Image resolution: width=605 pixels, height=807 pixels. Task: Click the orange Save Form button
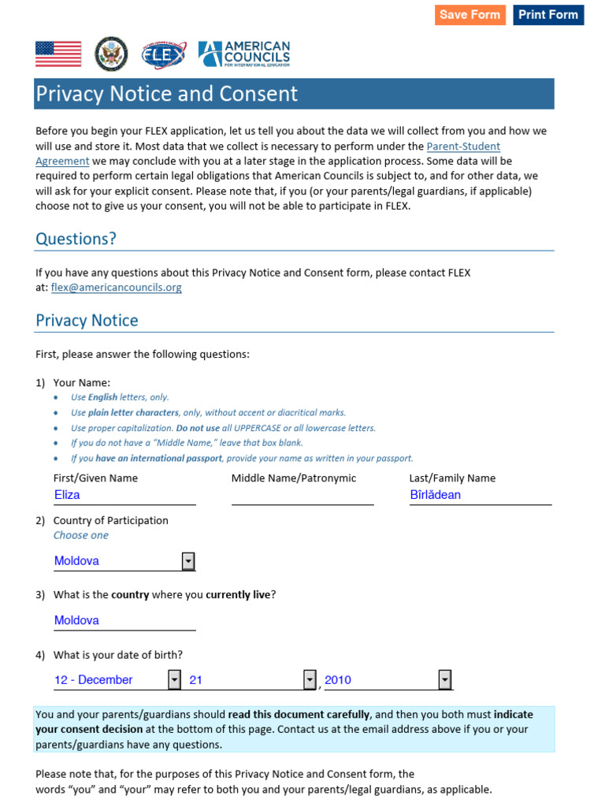(470, 15)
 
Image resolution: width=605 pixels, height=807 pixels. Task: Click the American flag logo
(58, 54)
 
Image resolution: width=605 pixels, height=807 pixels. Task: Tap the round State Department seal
(110, 54)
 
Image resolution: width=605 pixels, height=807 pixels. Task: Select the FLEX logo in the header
(164, 54)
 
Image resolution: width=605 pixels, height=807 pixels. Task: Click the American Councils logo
(244, 54)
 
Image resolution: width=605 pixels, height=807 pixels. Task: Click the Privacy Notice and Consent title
(167, 95)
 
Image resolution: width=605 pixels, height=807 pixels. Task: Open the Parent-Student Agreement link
(463, 147)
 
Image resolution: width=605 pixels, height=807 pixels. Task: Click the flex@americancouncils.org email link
(117, 288)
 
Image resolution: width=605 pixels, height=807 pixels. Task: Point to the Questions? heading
(76, 239)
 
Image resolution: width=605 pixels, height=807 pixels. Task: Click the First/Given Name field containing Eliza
(124, 495)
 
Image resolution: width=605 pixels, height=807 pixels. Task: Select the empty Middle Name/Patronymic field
(302, 495)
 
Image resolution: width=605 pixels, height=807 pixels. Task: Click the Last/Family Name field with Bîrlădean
(480, 495)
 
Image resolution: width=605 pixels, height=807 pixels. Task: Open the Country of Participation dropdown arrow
(188, 561)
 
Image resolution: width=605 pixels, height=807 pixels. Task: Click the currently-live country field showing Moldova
(124, 620)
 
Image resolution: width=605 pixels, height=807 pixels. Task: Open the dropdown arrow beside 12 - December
(174, 680)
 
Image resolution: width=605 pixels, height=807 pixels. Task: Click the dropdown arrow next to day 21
(310, 680)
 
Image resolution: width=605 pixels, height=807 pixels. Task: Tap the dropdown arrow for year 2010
(445, 680)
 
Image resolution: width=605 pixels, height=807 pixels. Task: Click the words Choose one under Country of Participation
(81, 535)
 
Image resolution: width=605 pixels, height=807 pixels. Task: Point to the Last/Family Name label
(452, 478)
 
